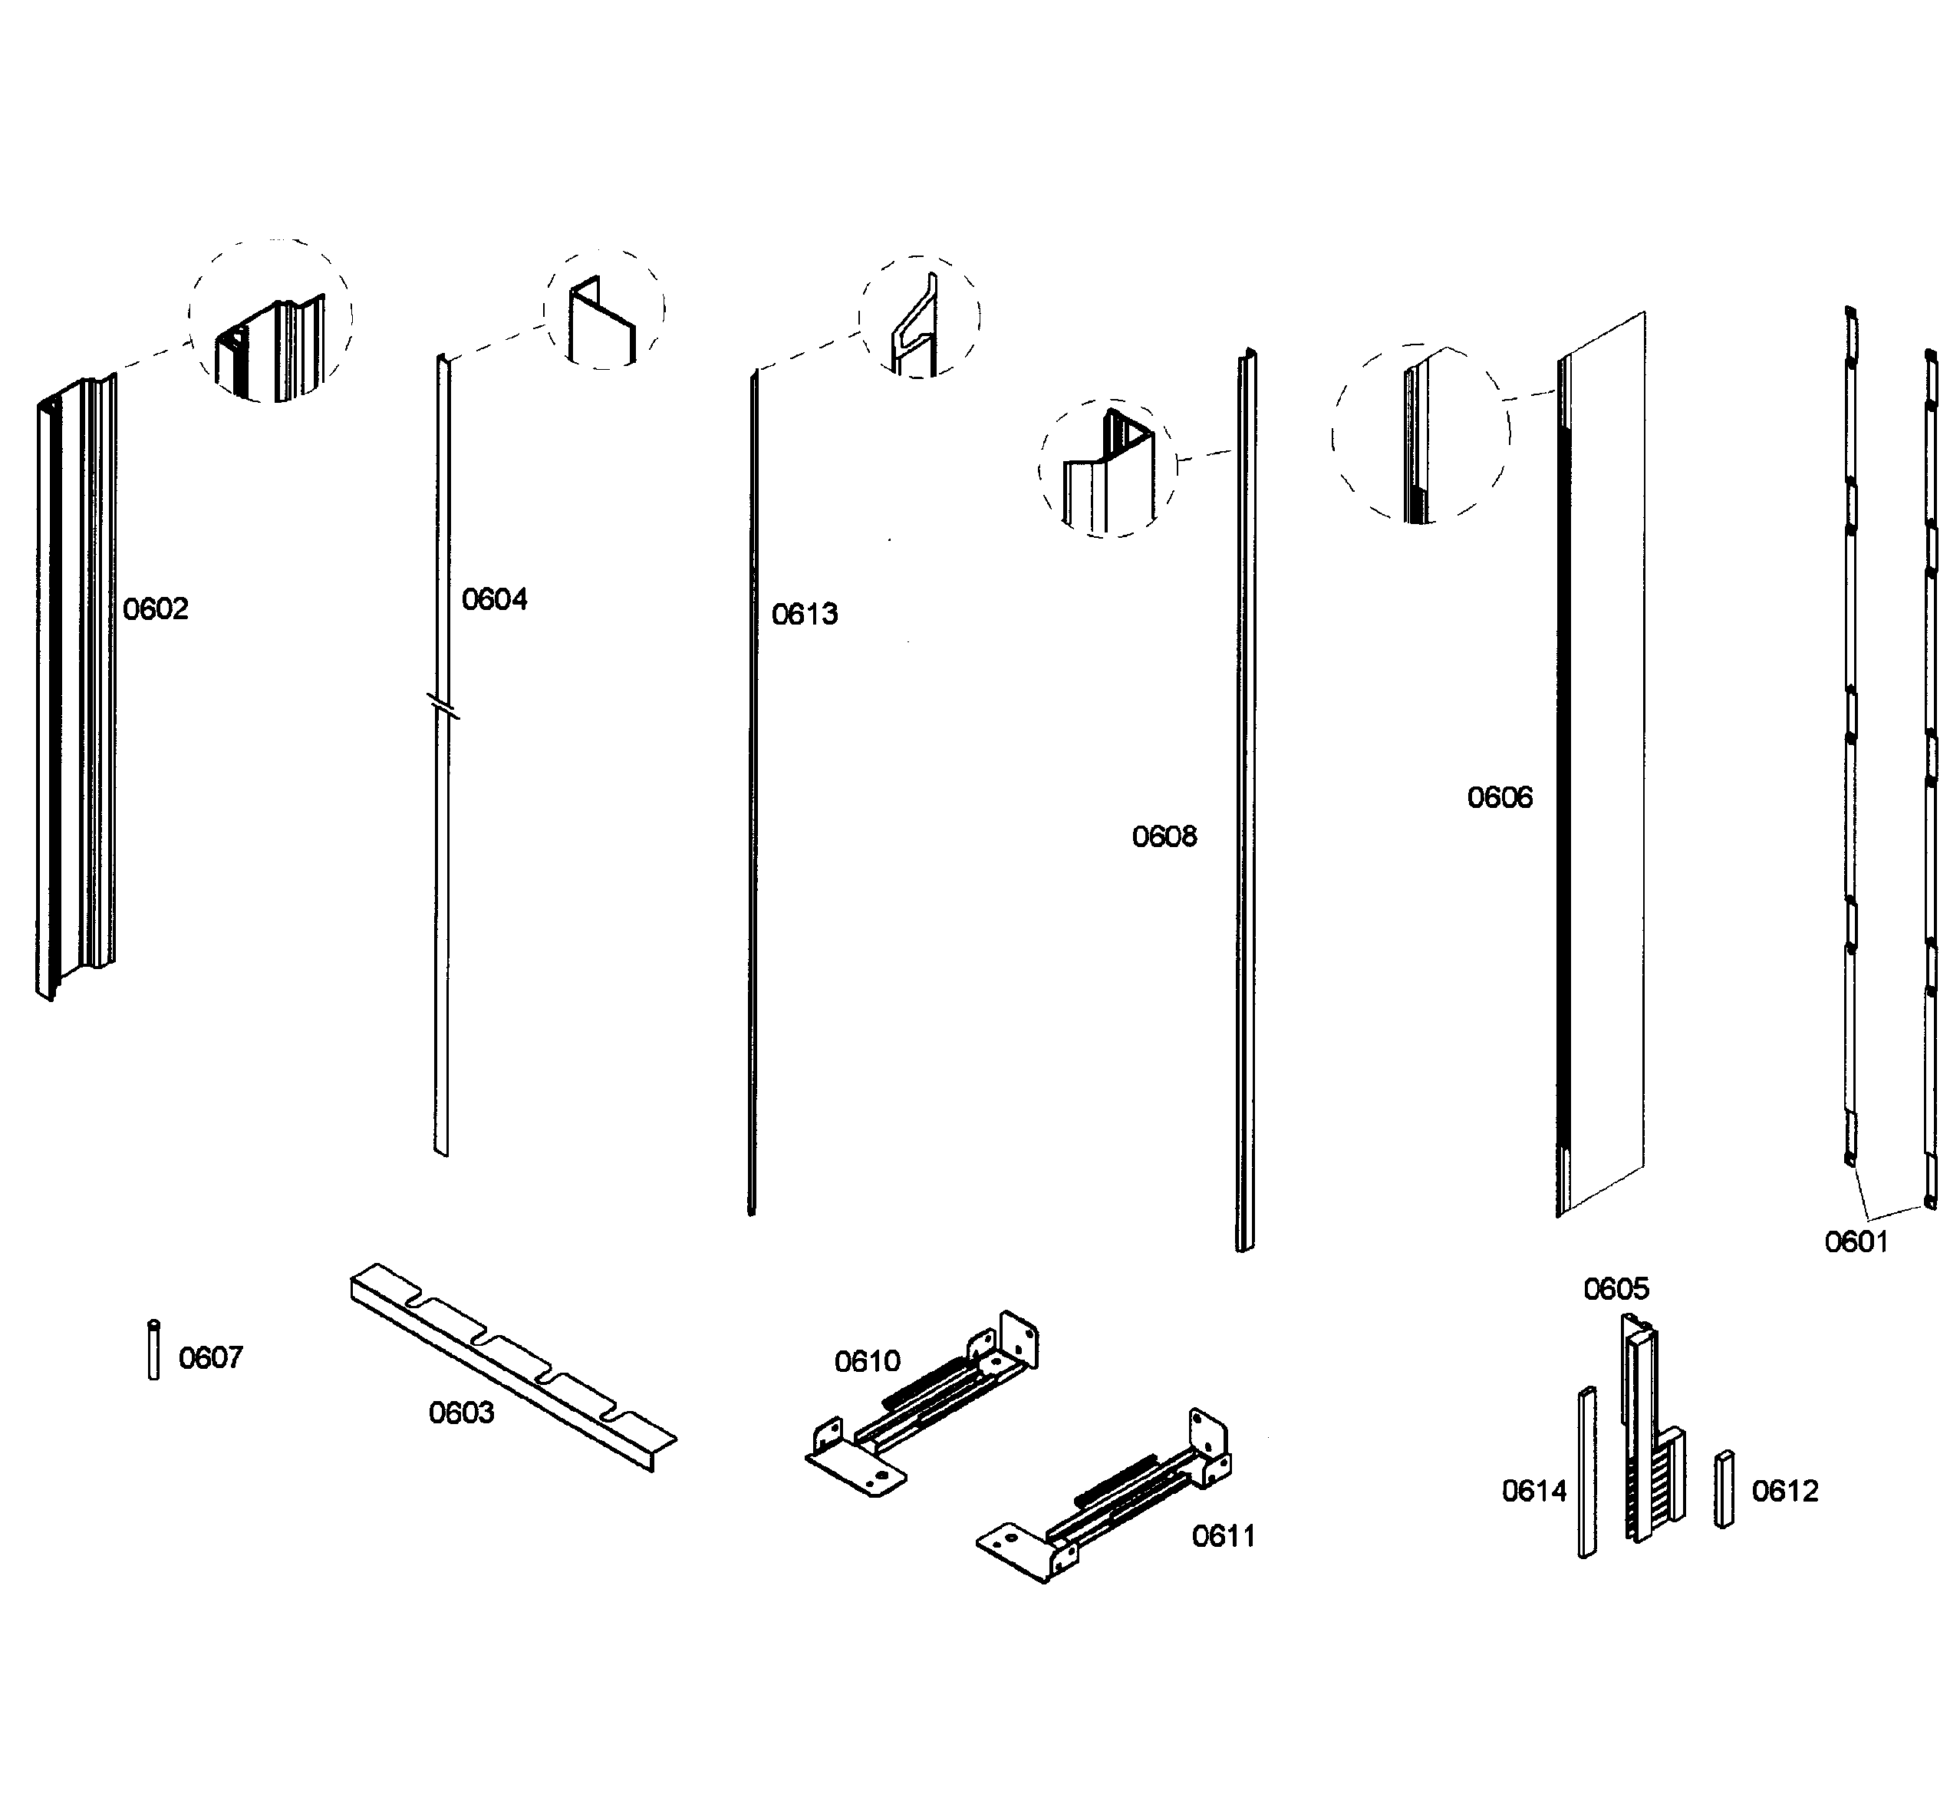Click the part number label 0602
tap(155, 609)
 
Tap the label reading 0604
tap(494, 599)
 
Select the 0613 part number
tap(805, 614)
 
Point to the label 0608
tap(1164, 837)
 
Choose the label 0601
tap(1856, 1242)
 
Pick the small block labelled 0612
tap(1724, 1489)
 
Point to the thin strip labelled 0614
tap(1586, 1472)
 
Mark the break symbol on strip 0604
tap(443, 705)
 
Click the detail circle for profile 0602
tap(271, 320)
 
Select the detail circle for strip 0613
tap(919, 317)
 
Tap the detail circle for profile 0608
tap(1108, 468)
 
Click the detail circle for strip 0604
tap(604, 309)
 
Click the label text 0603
tap(461, 1413)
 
